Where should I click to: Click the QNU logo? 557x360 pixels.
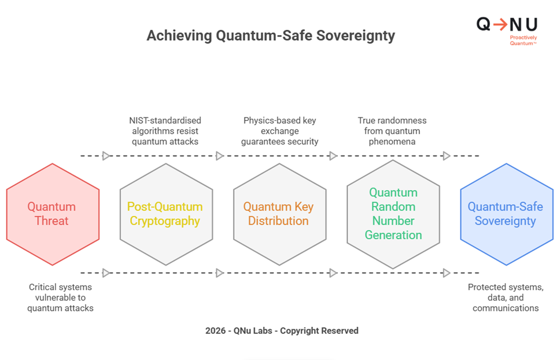click(507, 24)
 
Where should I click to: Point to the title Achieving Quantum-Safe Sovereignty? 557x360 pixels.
click(271, 36)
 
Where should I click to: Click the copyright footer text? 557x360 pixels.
click(282, 330)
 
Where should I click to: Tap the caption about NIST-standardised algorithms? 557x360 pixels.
click(165, 131)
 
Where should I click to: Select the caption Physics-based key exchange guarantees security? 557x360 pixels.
click(279, 131)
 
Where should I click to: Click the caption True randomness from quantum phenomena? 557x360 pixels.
click(393, 131)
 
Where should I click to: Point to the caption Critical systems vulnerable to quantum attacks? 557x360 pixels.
click(60, 297)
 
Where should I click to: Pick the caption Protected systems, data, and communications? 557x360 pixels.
click(506, 297)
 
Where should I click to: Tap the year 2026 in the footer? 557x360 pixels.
click(215, 330)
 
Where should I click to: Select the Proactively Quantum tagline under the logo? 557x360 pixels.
click(523, 40)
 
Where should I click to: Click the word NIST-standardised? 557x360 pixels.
click(165, 120)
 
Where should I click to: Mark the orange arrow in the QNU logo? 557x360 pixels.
click(501, 24)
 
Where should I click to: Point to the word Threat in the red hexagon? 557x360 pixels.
click(52, 221)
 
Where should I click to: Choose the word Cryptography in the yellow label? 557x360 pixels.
click(165, 221)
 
